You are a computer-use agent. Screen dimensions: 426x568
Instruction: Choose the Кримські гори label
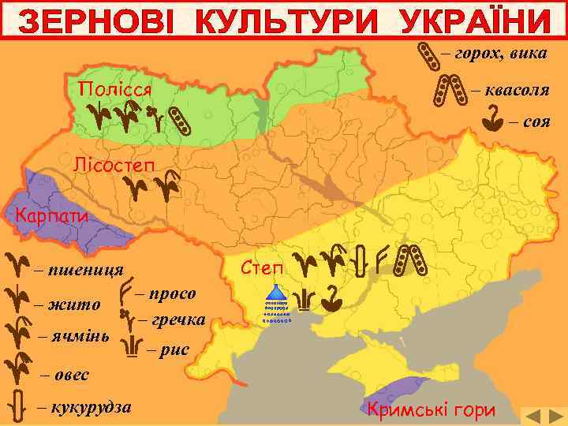pos(432,409)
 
